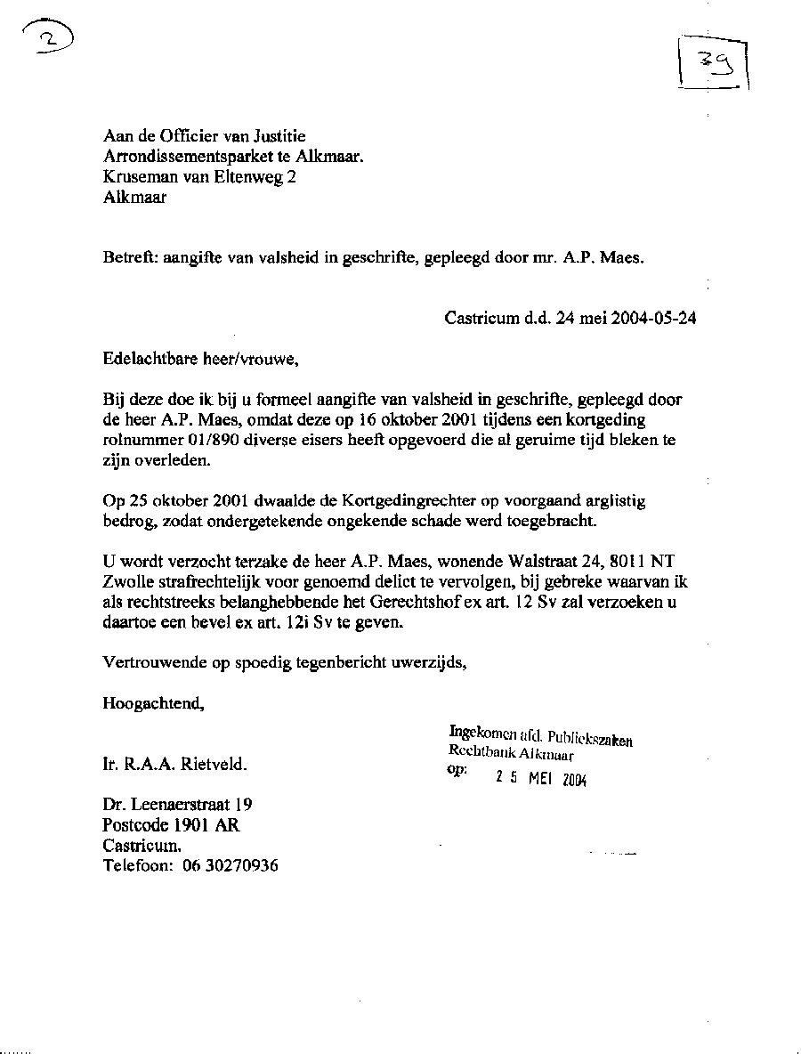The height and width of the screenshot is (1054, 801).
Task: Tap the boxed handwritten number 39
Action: [x=713, y=63]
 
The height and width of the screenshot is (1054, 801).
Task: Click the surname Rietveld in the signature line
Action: [x=215, y=764]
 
